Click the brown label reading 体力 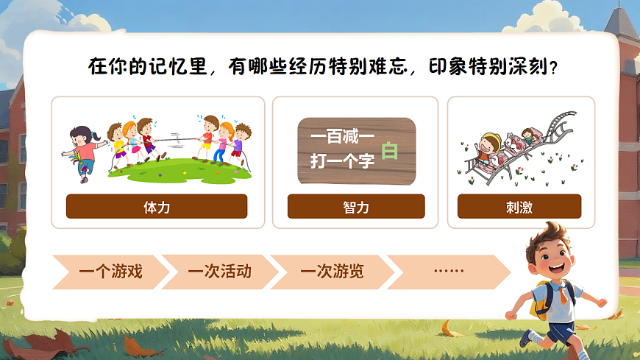pyautogui.click(x=157, y=207)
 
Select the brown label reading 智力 pyautogui.click(x=356, y=207)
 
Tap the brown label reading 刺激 pyautogui.click(x=519, y=207)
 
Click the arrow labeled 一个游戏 pyautogui.click(x=110, y=272)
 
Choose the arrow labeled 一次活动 pyautogui.click(x=219, y=272)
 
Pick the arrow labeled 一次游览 pyautogui.click(x=331, y=272)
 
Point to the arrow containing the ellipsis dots pyautogui.click(x=448, y=272)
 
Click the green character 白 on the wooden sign pyautogui.click(x=390, y=151)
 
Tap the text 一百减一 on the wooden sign pyautogui.click(x=342, y=137)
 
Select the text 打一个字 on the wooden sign pyautogui.click(x=342, y=161)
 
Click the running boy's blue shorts pyautogui.click(x=561, y=330)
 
